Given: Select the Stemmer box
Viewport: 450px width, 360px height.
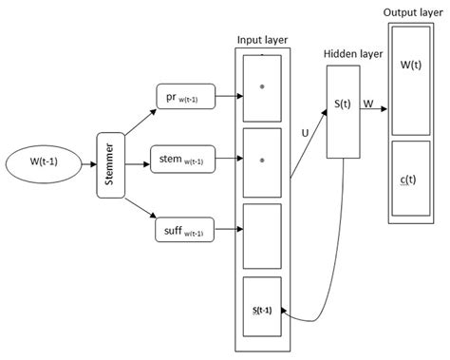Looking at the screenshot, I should pos(110,164).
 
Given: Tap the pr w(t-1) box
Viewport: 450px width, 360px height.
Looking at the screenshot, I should pos(186,96).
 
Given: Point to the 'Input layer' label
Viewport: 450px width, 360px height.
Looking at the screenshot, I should pos(263,41).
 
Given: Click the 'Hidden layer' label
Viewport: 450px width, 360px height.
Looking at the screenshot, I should pos(352,55).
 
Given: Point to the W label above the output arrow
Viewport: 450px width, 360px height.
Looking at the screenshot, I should pos(368,95).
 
